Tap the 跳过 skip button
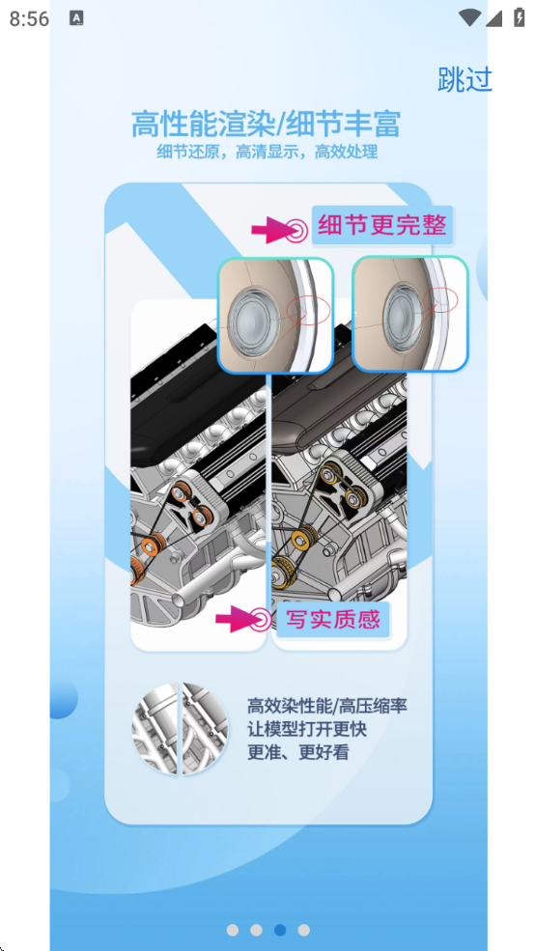465,79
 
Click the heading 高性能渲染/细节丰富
267,124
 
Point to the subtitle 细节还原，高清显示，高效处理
267,152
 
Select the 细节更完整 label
382,225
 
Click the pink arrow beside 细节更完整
271,231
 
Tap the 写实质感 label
333,619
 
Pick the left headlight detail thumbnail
275,314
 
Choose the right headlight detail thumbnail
410,314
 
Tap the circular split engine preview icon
181,728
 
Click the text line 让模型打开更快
307,729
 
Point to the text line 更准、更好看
297,752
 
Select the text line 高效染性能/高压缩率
327,706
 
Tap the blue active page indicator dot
280,930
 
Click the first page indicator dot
233,930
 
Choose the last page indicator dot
304,930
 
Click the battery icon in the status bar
520,17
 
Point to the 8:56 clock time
29,18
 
